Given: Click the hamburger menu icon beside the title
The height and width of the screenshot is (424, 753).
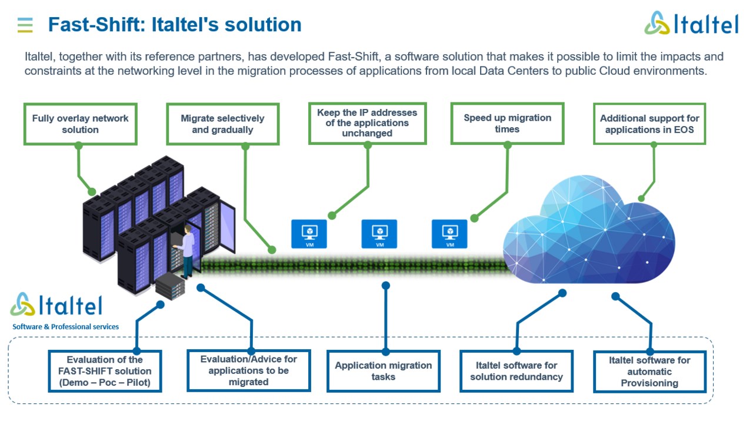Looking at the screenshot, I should [x=25, y=25].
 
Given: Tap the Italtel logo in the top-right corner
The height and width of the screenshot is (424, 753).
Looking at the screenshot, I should [x=691, y=24].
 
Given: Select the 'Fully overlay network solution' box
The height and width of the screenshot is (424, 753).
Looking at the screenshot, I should [x=81, y=124].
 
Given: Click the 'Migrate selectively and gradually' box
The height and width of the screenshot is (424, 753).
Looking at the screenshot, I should [x=222, y=124].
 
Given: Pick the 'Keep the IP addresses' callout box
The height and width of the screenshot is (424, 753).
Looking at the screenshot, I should [x=367, y=123].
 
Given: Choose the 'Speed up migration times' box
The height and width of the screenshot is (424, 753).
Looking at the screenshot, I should [x=507, y=123].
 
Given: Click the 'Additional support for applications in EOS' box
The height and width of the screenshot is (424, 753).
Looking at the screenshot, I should [x=649, y=124].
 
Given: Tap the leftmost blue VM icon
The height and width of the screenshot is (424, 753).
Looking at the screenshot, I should [x=309, y=234].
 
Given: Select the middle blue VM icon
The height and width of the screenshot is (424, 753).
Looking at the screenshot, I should [x=379, y=234].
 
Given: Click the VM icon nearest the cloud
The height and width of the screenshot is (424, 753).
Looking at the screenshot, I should [x=449, y=234].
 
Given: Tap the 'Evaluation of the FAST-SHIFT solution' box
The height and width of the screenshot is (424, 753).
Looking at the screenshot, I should [x=105, y=371].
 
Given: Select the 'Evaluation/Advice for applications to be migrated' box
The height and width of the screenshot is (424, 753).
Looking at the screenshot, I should [x=248, y=370].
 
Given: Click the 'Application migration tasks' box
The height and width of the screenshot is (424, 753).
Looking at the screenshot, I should [x=384, y=371].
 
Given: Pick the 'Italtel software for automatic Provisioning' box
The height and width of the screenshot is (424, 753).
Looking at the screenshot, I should [x=649, y=372].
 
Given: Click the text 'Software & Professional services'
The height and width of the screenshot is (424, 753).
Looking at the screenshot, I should [x=65, y=327].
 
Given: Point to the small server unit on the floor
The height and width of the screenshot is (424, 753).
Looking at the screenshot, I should [x=171, y=286].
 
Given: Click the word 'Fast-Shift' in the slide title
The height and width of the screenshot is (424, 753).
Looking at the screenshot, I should [x=94, y=25].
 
